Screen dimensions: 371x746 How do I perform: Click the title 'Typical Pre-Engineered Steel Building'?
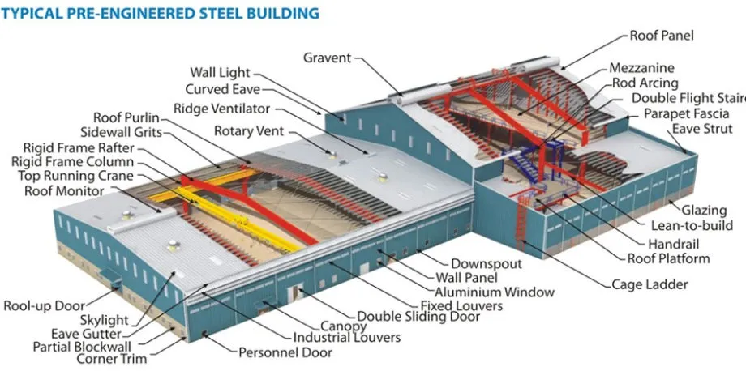[160, 14]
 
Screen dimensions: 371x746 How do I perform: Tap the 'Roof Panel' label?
[662, 36]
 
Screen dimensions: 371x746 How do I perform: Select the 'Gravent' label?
[327, 58]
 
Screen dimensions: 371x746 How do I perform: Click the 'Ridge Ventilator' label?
[221, 109]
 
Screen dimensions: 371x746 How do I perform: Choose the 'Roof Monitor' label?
[64, 191]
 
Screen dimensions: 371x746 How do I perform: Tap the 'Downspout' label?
[486, 263]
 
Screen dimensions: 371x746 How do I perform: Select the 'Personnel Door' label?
[285, 352]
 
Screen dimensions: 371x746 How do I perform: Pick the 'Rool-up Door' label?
[44, 305]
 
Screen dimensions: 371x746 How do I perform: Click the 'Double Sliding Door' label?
[418, 317]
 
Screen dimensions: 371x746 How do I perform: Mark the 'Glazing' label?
[703, 211]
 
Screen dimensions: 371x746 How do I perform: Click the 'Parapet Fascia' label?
[686, 113]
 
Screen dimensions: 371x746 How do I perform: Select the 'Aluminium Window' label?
[495, 292]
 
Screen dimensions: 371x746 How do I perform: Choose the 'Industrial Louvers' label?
[346, 337]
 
